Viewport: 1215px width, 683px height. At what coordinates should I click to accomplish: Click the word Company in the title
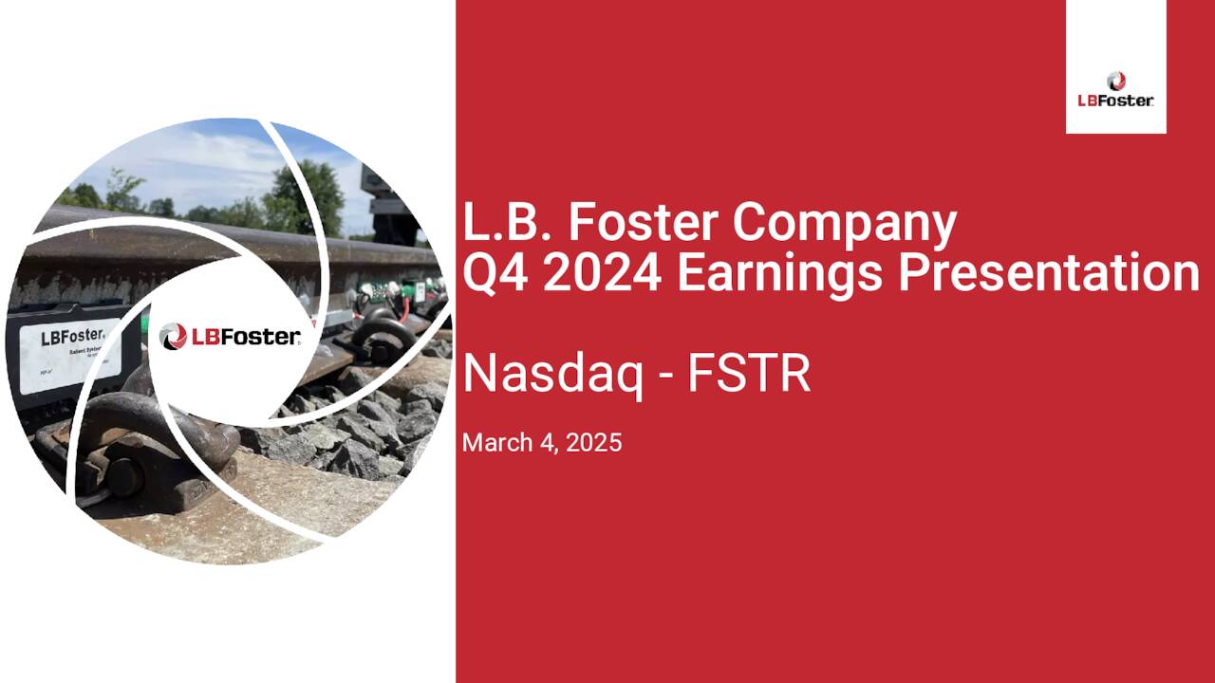(844, 224)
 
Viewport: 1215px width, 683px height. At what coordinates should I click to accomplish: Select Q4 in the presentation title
(490, 273)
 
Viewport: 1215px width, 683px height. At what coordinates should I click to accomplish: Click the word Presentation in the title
(1049, 273)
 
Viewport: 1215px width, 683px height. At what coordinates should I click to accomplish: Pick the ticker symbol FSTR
(749, 374)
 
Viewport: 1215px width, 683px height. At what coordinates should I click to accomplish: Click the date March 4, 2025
(542, 442)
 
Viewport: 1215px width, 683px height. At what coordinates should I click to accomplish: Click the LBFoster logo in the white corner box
(1116, 89)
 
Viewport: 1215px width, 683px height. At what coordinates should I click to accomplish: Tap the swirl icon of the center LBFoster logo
(174, 336)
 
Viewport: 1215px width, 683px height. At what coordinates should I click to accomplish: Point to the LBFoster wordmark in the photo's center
(246, 337)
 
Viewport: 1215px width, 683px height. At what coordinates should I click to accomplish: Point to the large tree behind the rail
(304, 194)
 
